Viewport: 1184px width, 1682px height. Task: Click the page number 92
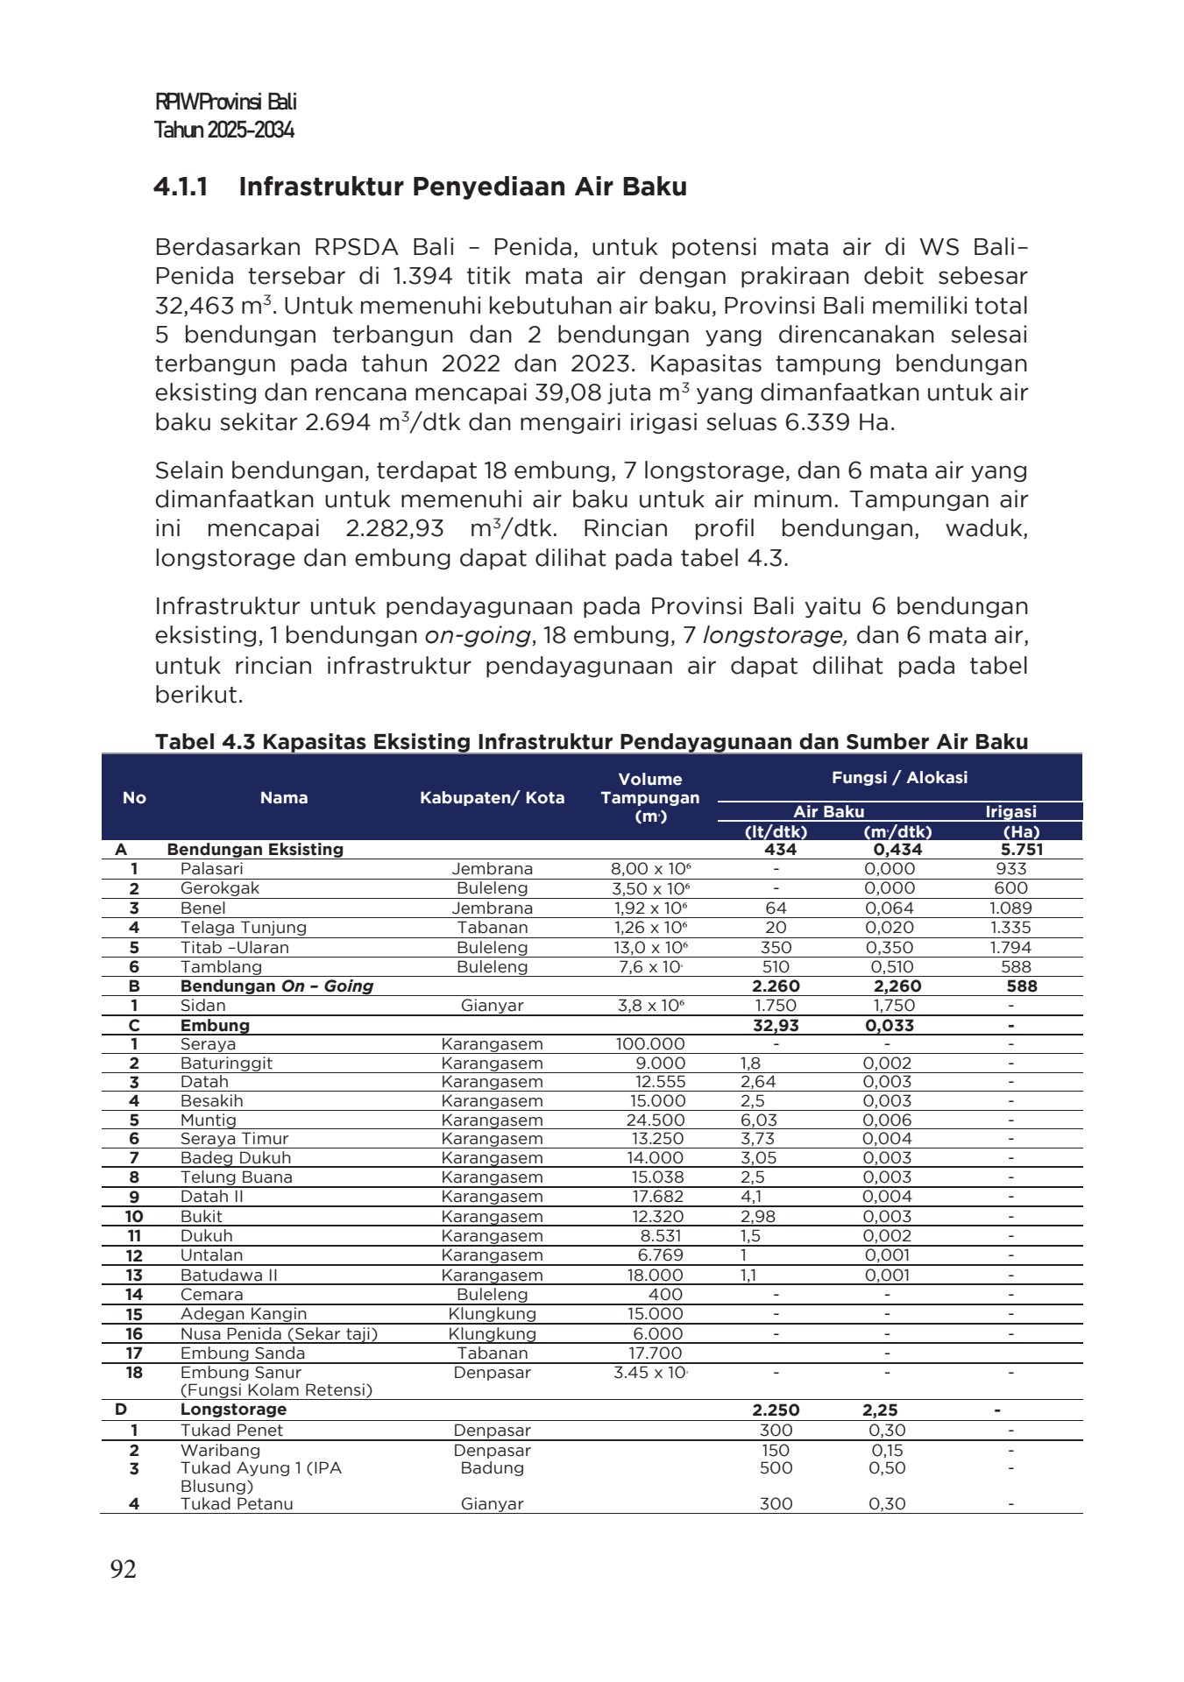124,1569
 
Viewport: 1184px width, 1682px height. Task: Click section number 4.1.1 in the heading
181,187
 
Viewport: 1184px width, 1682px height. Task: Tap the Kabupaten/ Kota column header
492,797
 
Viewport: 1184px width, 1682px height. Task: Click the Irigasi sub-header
1010,812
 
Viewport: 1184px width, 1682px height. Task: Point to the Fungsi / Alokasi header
899,777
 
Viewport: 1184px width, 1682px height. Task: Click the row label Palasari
212,869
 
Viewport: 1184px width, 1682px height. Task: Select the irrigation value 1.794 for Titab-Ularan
1010,948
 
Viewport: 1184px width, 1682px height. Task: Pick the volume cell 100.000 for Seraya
650,1044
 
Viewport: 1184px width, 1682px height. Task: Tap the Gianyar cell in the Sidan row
492,1006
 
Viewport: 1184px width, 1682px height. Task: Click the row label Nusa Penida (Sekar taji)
279,1334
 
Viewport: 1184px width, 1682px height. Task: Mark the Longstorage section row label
233,1410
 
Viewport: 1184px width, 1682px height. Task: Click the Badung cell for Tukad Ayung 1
492,1468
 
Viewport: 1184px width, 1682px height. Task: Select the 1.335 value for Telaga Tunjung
1010,928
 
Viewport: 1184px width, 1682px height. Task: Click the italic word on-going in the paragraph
478,635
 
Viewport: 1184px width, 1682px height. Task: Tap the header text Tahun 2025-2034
224,131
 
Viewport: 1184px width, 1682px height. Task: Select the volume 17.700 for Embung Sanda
655,1353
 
